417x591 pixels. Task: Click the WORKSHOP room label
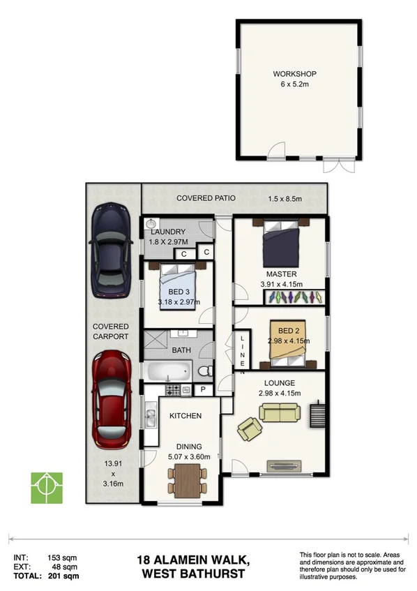click(x=295, y=74)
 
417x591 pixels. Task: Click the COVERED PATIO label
click(x=206, y=199)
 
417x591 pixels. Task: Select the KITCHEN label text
click(x=185, y=416)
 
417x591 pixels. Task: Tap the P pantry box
click(x=204, y=389)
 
